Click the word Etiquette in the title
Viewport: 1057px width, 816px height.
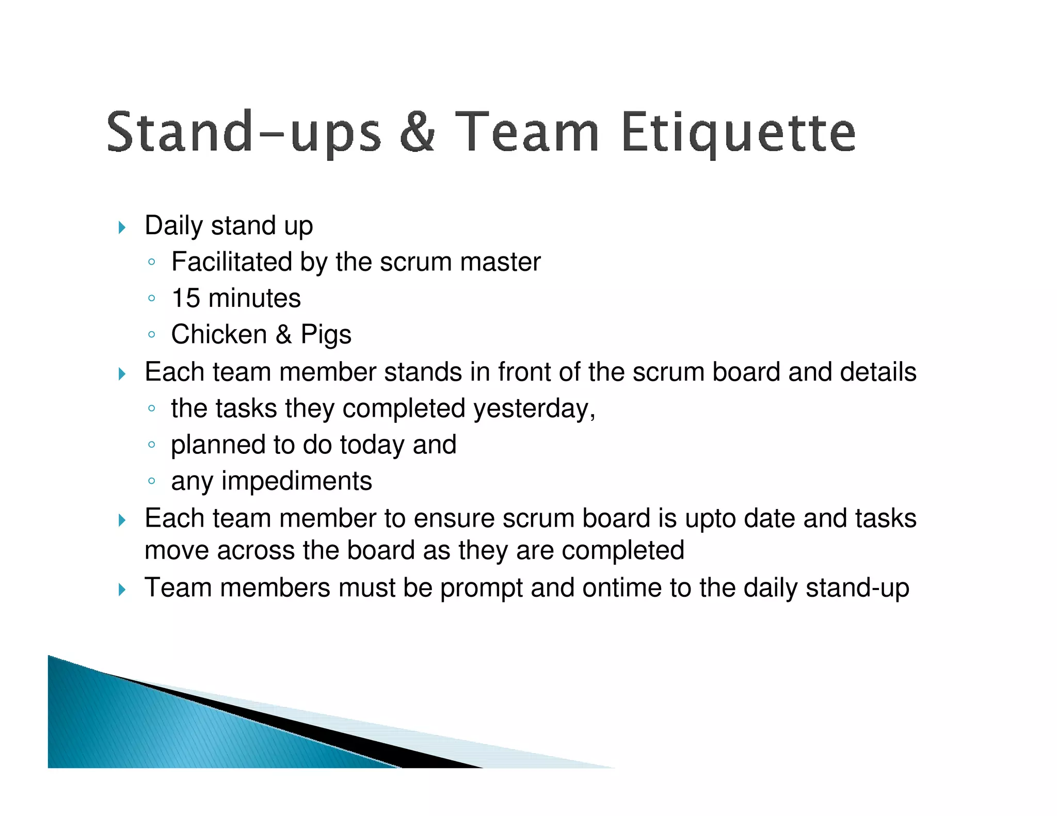[x=738, y=133]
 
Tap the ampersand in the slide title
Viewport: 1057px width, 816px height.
[x=418, y=133]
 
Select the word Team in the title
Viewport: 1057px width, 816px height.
[x=527, y=133]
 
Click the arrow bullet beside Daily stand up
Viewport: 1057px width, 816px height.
[x=122, y=227]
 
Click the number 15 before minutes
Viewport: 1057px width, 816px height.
[x=185, y=298]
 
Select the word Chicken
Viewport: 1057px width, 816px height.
[x=219, y=334]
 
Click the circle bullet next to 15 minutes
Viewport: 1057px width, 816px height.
[x=151, y=298]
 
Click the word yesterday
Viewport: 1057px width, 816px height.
[x=532, y=409]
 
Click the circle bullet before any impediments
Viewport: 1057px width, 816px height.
[x=151, y=481]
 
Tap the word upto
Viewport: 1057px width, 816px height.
[x=710, y=519]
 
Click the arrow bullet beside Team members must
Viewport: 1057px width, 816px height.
[x=122, y=589]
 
